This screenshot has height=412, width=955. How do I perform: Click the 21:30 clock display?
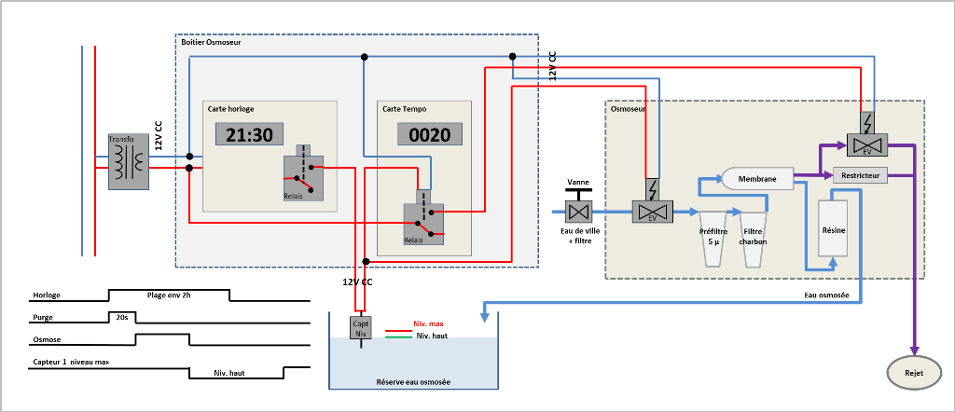tap(249, 134)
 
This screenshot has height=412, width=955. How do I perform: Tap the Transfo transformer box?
tap(129, 161)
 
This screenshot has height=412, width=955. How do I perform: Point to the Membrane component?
tap(757, 178)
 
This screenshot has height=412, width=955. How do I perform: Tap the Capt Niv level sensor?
tap(362, 328)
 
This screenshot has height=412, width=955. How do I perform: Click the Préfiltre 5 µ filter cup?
tap(713, 239)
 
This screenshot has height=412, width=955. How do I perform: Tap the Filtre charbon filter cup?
tap(753, 239)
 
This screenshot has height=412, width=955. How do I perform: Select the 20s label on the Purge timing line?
tap(122, 317)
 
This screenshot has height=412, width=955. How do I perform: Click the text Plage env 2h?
tap(169, 295)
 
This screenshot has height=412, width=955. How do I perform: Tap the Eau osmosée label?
tap(826, 295)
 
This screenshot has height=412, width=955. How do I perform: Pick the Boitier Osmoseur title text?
tap(212, 43)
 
